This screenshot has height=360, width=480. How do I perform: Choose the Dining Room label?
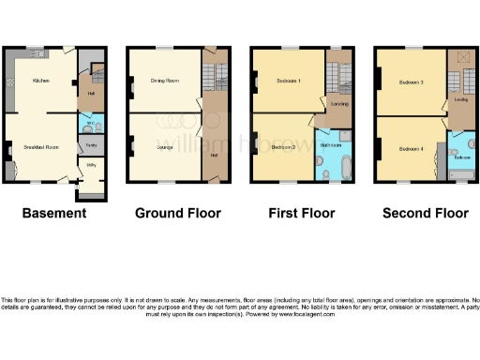pos(164,82)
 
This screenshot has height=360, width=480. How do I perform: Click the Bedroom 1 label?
pos(287,82)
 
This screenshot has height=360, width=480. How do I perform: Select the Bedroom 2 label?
pos(283,147)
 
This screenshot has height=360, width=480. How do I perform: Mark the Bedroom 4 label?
pos(408,149)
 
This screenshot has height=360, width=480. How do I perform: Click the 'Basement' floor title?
pos(53,213)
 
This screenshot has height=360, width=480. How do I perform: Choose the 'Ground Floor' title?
pos(178,213)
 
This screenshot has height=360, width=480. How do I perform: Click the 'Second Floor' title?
pos(426,213)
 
